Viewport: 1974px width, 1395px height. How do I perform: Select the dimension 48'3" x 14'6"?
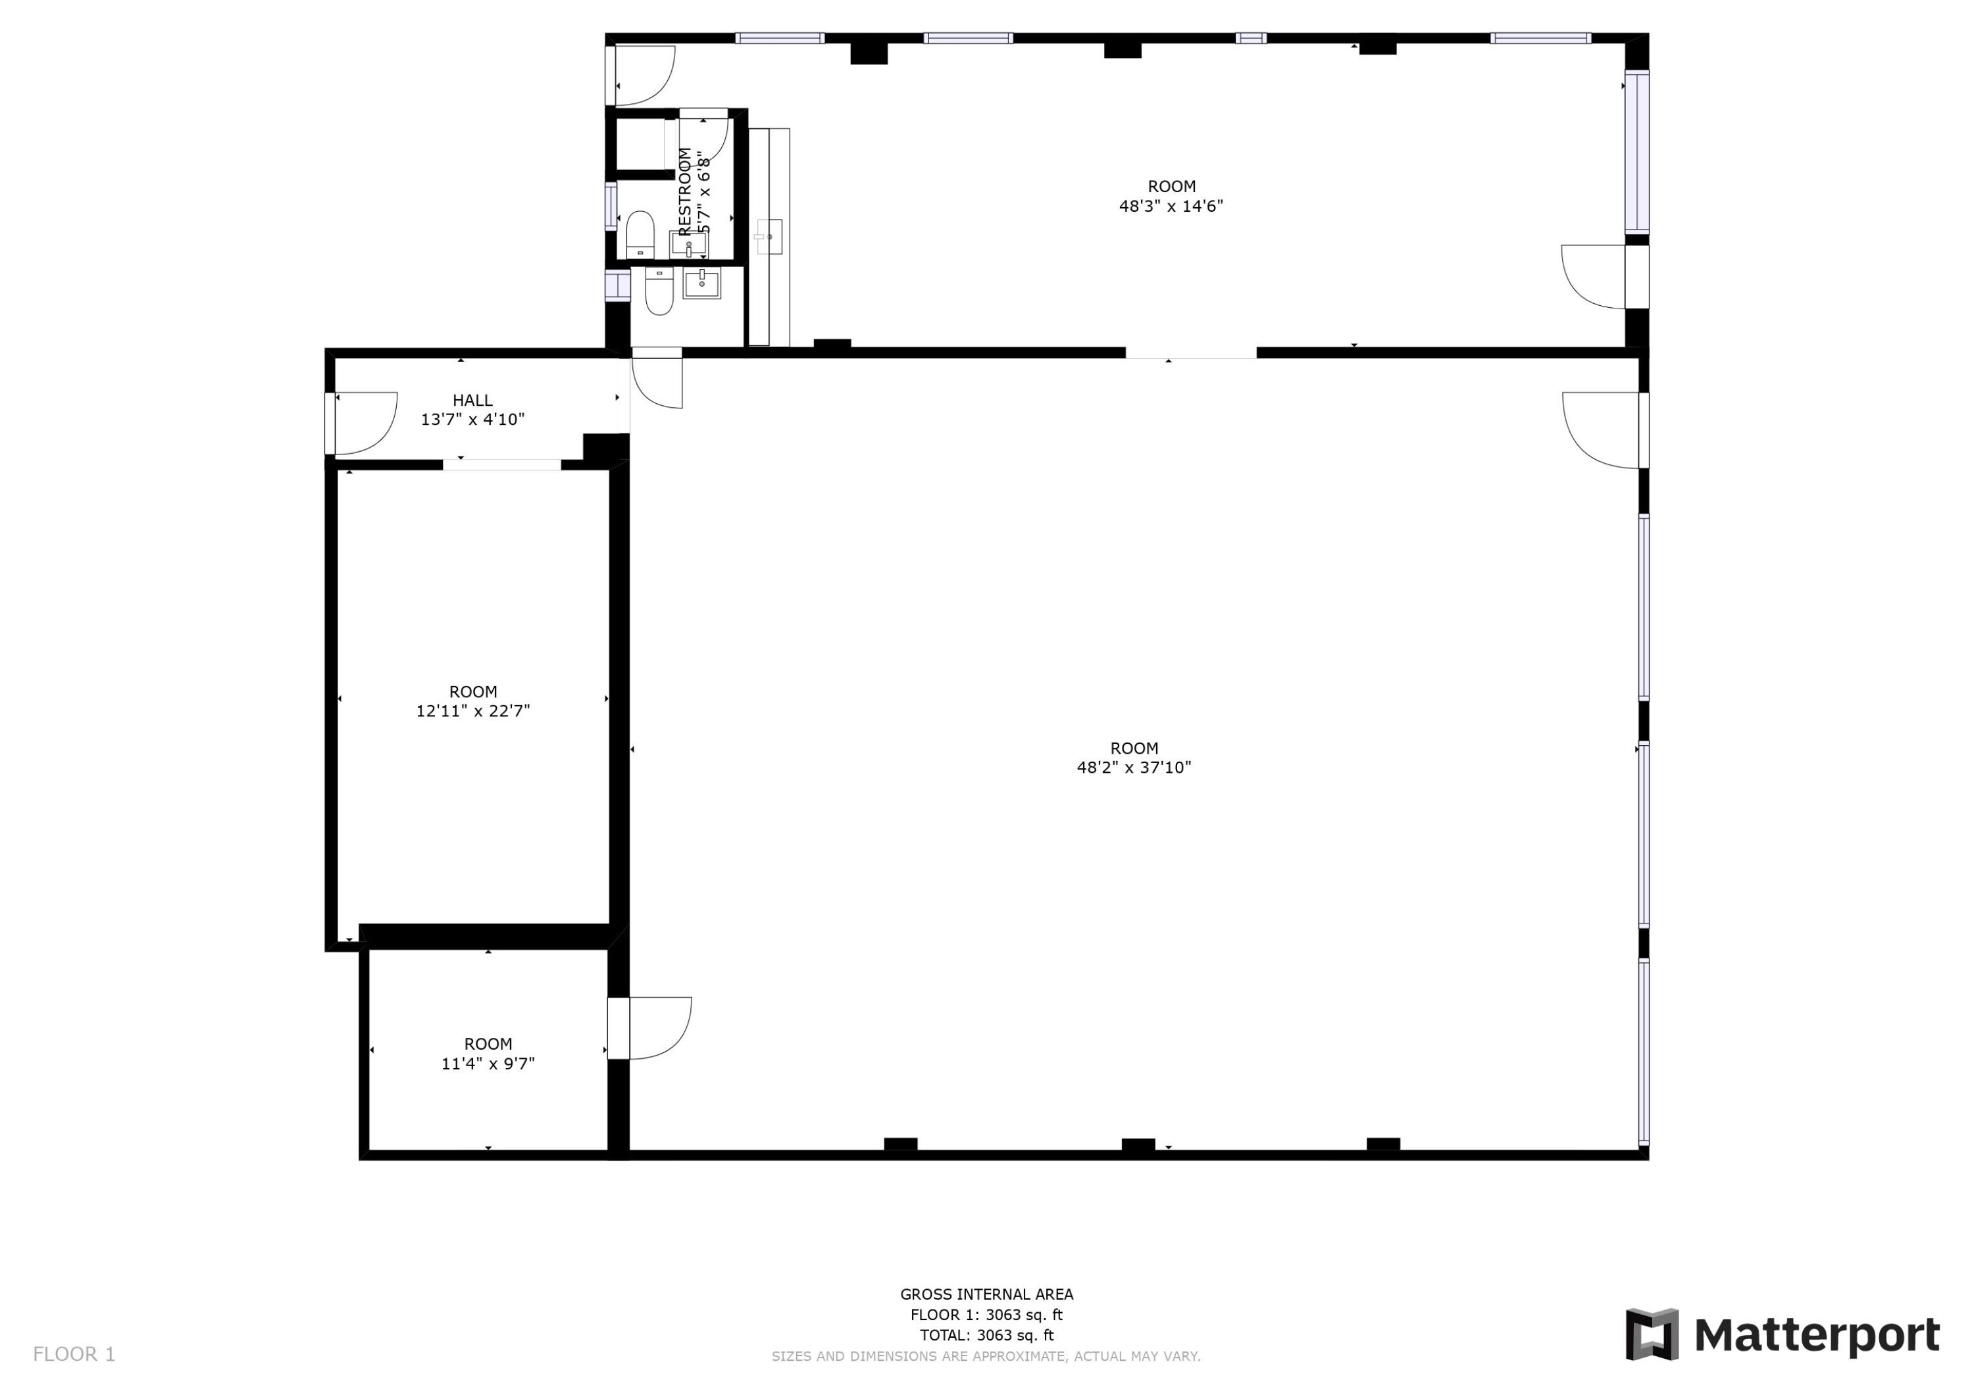pos(1171,207)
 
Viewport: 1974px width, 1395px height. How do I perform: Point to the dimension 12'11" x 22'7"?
pos(473,711)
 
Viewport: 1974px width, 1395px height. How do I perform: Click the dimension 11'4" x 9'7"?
pos(488,1064)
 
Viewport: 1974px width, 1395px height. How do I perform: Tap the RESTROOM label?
pos(685,191)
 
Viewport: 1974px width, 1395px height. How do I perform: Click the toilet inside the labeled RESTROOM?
pos(640,233)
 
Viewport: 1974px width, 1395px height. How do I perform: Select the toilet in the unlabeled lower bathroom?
pos(659,291)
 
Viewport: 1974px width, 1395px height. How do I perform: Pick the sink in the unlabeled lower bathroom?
pos(701,283)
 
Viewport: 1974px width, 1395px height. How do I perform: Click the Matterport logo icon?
pos(1652,1334)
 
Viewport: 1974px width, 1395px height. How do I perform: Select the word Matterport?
pos(1817,1336)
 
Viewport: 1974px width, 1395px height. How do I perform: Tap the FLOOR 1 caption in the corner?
pos(74,1355)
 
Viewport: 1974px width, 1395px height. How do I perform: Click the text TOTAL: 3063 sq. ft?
pos(986,1335)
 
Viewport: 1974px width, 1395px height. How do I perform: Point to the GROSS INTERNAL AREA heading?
pos(986,1294)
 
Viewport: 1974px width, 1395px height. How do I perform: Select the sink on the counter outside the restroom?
pos(769,236)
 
